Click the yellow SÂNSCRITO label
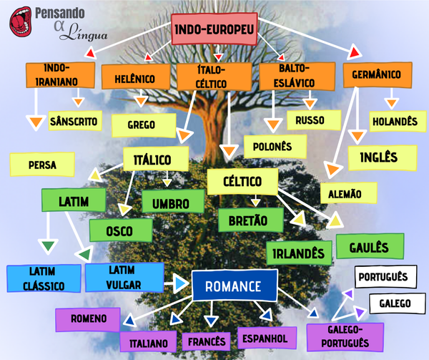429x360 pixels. [x=73, y=121]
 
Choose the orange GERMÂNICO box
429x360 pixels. [x=377, y=74]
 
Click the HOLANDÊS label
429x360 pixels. [x=393, y=122]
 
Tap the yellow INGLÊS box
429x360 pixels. [x=383, y=157]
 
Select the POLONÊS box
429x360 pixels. [x=268, y=146]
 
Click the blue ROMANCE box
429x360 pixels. [x=234, y=287]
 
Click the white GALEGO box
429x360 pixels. [x=395, y=303]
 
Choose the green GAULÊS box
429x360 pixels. [x=369, y=248]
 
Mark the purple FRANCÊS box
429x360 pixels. [x=207, y=341]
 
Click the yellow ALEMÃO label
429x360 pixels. [x=345, y=193]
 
